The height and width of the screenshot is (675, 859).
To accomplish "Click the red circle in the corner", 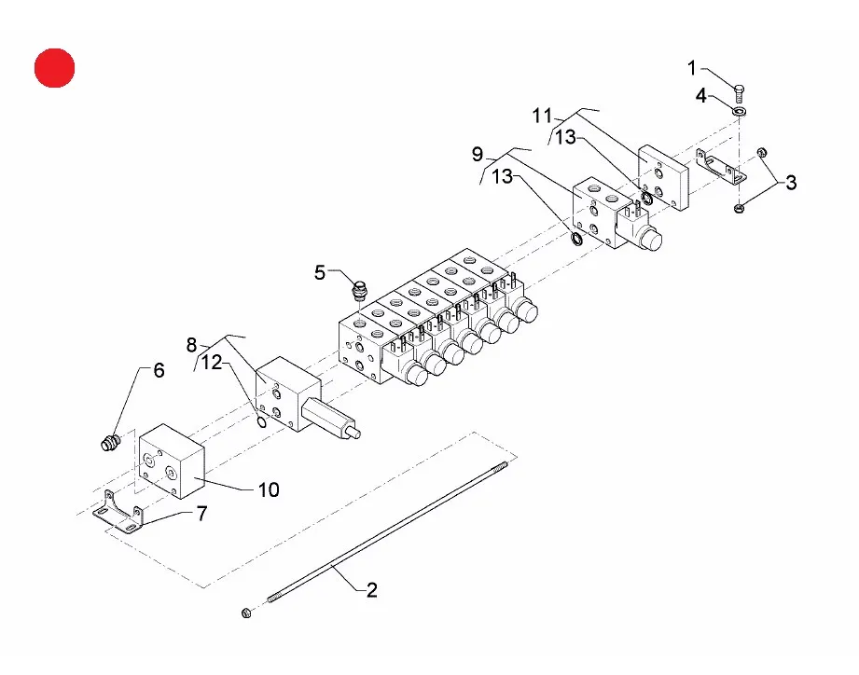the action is [x=54, y=68].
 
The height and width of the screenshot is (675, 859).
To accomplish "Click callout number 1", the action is [x=691, y=68].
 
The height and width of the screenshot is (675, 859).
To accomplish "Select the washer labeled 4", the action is [x=739, y=112].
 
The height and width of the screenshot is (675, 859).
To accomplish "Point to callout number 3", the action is [x=791, y=183].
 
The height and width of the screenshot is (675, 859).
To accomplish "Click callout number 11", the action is [x=542, y=116].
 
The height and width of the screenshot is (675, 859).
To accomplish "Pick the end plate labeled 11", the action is [x=663, y=177].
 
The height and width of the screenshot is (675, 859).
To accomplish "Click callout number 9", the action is [x=478, y=155].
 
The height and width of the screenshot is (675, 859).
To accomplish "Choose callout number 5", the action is [x=320, y=272].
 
